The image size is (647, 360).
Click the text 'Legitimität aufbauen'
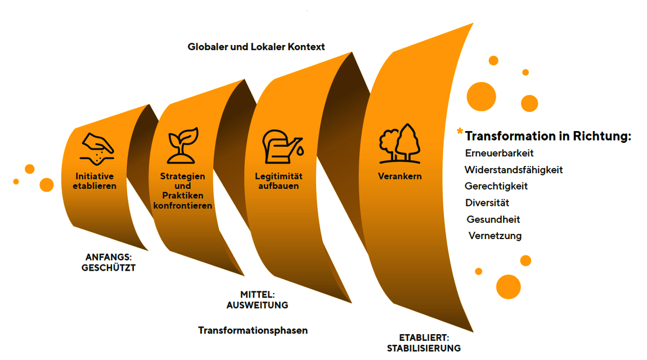click(x=278, y=181)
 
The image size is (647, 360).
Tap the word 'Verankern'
click(x=399, y=176)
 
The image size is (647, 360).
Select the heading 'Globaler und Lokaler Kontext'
click(x=256, y=47)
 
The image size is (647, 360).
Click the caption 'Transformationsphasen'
click(x=253, y=330)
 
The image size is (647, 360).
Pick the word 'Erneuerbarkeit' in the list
click(x=499, y=153)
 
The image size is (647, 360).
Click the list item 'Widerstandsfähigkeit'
click(x=514, y=169)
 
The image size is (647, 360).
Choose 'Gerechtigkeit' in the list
click(x=496, y=186)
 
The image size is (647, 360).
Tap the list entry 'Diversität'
click(x=487, y=202)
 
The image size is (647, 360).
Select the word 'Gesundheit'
click(x=493, y=219)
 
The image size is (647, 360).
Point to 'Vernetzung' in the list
click(x=495, y=236)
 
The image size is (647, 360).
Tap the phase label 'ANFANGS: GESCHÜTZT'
click(x=108, y=262)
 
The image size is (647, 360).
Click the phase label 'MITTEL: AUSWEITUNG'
click(x=257, y=300)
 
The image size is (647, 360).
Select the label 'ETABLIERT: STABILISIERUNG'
click(x=424, y=343)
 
